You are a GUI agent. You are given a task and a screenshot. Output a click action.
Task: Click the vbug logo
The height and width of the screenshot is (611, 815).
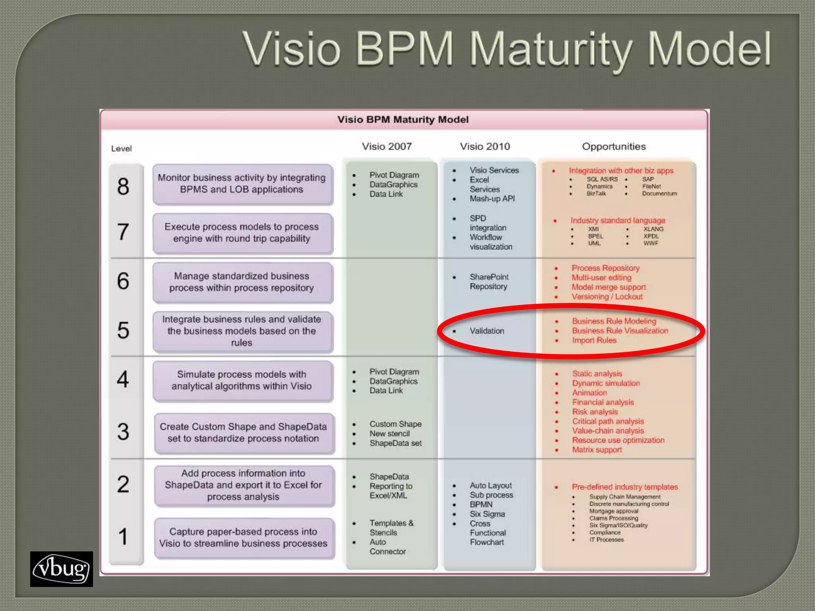click(61, 569)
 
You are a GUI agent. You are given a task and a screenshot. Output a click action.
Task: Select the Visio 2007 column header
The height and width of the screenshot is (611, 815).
click(386, 146)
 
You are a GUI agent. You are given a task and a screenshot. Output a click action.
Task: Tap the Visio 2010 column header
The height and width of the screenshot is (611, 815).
click(485, 146)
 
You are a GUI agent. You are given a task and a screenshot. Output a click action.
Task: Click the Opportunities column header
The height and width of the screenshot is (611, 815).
click(614, 146)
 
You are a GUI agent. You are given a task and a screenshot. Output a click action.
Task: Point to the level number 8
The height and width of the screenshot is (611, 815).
click(123, 186)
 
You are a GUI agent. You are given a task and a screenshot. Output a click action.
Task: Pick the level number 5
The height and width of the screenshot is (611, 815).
click(123, 330)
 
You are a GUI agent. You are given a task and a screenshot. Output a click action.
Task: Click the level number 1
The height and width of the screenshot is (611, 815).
click(123, 536)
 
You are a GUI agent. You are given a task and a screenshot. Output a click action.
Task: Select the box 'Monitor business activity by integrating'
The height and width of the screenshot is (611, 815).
click(242, 183)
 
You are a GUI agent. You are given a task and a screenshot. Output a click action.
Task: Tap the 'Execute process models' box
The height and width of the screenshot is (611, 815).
click(242, 233)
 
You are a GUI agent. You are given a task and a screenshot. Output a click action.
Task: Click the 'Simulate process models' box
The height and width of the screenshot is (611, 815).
click(242, 380)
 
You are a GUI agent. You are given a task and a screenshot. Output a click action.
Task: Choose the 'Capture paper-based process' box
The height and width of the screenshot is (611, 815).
click(243, 537)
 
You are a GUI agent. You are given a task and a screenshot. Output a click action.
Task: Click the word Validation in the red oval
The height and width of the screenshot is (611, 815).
click(487, 331)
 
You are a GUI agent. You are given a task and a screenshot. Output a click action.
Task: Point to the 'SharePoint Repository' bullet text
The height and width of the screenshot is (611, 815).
click(489, 282)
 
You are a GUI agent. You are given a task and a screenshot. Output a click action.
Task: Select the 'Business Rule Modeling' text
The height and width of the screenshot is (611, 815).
click(614, 321)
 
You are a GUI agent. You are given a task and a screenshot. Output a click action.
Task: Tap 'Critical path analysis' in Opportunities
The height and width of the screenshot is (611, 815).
click(608, 421)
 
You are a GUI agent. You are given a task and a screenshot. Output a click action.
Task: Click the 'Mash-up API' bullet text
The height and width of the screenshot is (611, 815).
click(492, 198)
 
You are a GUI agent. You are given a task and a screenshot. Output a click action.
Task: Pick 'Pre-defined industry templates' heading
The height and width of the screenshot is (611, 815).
click(625, 487)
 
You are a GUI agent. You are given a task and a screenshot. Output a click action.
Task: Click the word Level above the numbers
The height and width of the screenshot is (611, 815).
click(121, 149)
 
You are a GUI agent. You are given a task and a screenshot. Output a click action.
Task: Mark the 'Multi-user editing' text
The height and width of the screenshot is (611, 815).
click(601, 278)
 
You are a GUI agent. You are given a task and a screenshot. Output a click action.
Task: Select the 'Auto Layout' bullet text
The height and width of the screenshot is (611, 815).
click(491, 485)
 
